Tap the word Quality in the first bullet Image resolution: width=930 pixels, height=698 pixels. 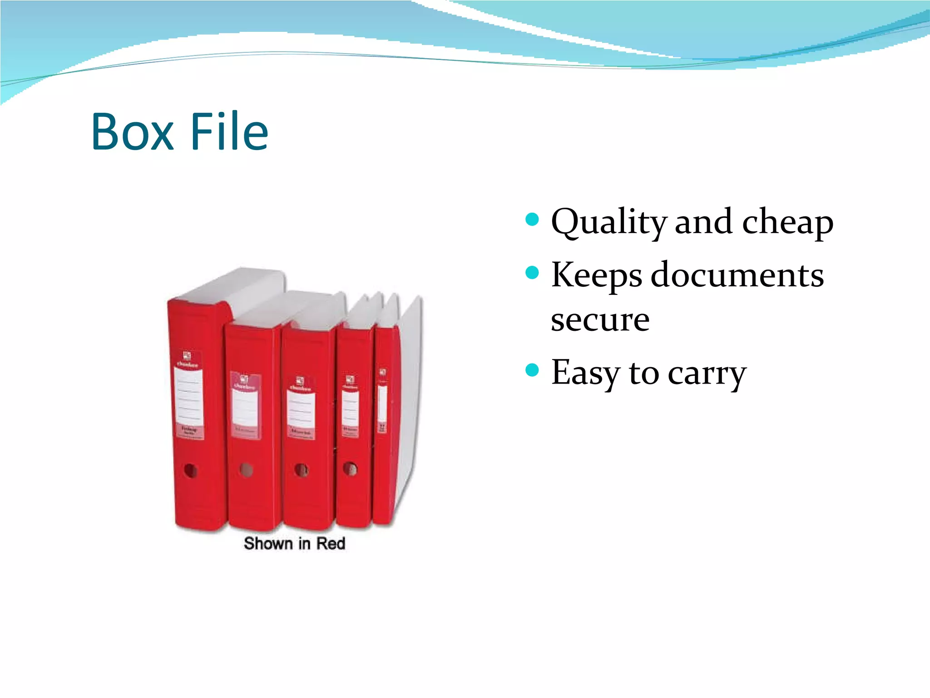click(x=608, y=223)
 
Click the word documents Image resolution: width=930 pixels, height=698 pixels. click(x=737, y=275)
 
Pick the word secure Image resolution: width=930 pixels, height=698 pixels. click(x=600, y=320)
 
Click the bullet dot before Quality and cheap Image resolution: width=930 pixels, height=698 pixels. click(x=532, y=220)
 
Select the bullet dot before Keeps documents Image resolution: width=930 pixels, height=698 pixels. click(x=532, y=273)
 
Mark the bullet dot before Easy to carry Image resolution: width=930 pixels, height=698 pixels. click(x=532, y=370)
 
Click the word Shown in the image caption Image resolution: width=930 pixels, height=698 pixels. click(x=268, y=543)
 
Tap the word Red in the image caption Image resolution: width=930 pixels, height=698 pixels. click(x=331, y=543)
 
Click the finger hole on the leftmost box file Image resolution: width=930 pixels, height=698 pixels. click(x=190, y=470)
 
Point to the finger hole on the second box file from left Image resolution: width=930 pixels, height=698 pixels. click(x=247, y=469)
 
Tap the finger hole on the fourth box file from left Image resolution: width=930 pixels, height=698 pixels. click(x=350, y=469)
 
